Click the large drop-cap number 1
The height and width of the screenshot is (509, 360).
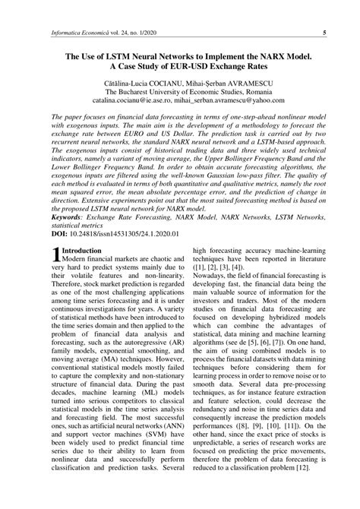(x=54, y=254)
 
